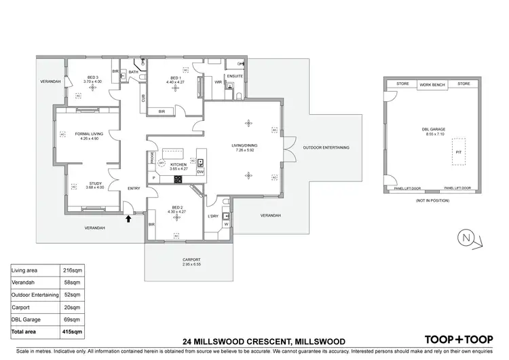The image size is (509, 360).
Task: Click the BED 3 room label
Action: click(x=92, y=78)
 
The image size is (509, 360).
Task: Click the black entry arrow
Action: click(x=128, y=218)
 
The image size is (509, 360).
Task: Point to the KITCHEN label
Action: click(x=178, y=164)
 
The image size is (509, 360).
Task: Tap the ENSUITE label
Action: click(x=235, y=76)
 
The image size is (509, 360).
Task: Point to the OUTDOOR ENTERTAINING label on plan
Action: click(x=326, y=147)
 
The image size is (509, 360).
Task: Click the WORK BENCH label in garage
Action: click(x=432, y=84)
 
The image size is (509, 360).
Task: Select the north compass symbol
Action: click(x=466, y=238)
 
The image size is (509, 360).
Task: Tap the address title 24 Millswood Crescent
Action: click(x=264, y=341)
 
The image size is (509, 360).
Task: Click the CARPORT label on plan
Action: click(x=191, y=259)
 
